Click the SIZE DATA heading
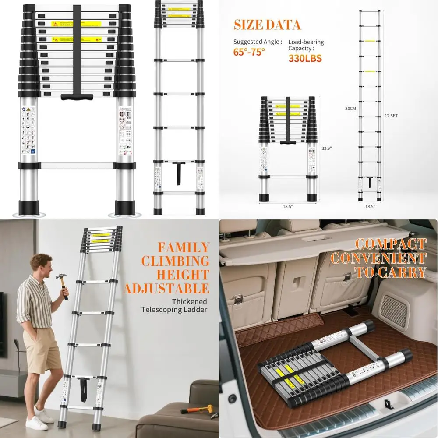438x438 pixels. click(267, 25)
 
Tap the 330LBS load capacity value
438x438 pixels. click(305, 58)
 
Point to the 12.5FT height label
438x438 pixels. click(392, 116)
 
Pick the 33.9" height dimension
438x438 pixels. click(327, 148)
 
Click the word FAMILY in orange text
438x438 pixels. click(184, 247)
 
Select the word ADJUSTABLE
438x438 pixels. click(166, 288)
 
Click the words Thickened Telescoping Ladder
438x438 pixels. click(174, 306)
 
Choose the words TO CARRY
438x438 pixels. click(391, 272)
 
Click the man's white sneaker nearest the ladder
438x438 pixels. click(45, 415)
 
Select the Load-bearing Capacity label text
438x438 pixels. click(306, 45)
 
